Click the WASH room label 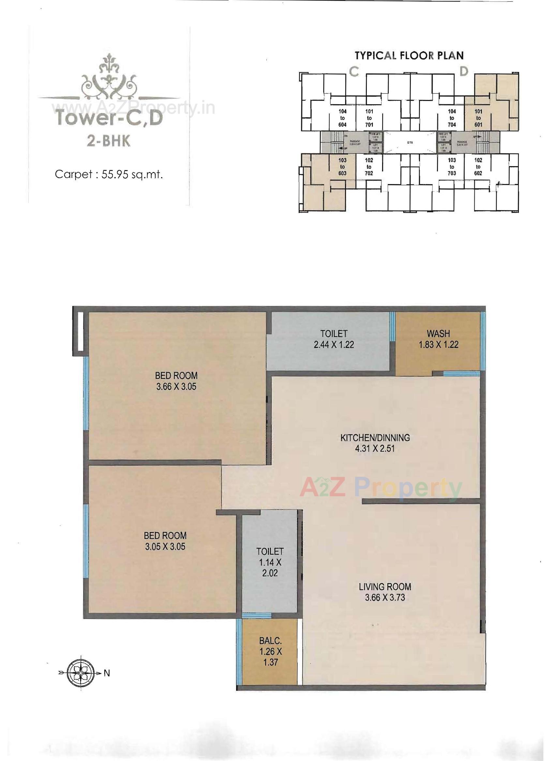click(x=438, y=334)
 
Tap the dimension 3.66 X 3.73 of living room click(x=385, y=597)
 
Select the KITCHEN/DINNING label click(x=375, y=438)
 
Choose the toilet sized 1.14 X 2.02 click(x=270, y=562)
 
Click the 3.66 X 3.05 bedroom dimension click(x=176, y=387)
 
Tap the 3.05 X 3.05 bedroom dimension click(x=165, y=547)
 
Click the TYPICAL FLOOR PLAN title click(x=409, y=55)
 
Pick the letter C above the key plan click(x=354, y=72)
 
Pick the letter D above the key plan click(x=463, y=72)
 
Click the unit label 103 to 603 click(x=342, y=167)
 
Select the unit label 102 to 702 click(x=369, y=167)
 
